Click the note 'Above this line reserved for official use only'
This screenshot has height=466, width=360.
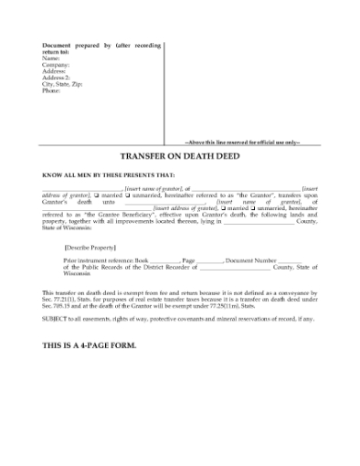(242, 143)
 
